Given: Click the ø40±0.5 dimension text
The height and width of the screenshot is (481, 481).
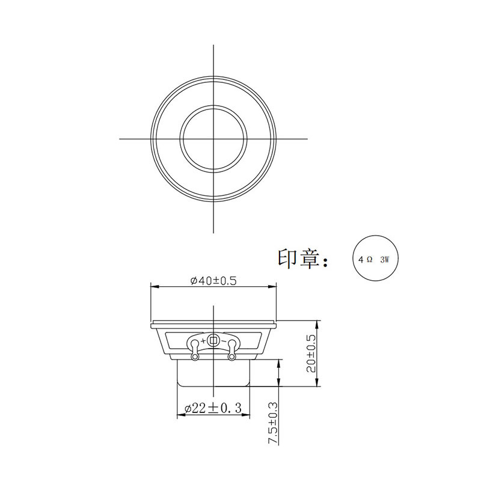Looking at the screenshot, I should tap(213, 281).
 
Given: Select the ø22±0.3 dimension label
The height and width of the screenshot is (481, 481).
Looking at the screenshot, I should tap(214, 409).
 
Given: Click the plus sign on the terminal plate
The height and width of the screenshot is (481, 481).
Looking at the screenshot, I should tap(203, 341).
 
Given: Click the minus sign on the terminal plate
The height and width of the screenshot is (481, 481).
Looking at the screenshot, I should tap(224, 341).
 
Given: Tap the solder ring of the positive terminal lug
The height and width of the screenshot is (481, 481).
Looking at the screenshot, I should tap(194, 358).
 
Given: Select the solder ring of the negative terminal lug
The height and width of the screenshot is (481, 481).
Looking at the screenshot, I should tap(231, 358).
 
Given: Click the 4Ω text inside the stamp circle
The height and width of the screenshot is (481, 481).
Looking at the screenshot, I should tap(365, 260).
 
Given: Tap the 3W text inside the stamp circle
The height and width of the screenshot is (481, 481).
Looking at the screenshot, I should tap(385, 260).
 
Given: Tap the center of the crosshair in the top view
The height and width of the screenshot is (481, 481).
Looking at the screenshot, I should tap(214, 139).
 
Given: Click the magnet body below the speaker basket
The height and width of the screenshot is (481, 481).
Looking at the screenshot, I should tap(214, 374).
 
